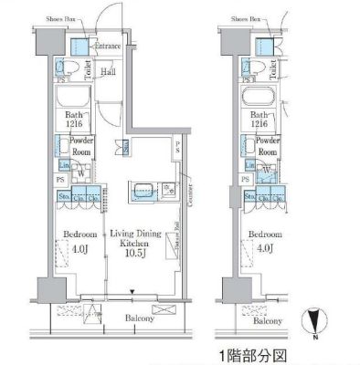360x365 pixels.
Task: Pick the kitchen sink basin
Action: click(x=143, y=192)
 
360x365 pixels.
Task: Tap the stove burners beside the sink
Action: click(x=169, y=190)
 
